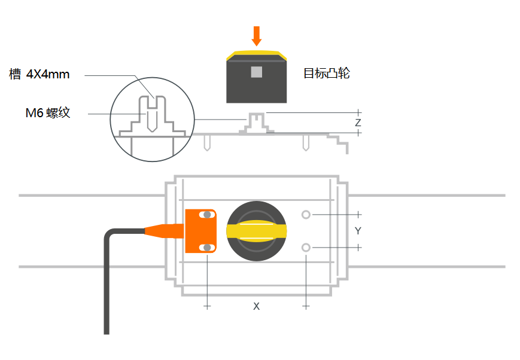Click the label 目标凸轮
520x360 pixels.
pyautogui.click(x=326, y=74)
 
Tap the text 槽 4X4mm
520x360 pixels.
pyautogui.click(x=39, y=75)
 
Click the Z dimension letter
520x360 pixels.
pyautogui.click(x=358, y=123)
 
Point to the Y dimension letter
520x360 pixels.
pyautogui.click(x=358, y=231)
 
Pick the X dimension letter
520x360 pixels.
pyautogui.click(x=257, y=306)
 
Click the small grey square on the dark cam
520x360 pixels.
pyautogui.click(x=257, y=72)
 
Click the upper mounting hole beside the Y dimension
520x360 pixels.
pyautogui.click(x=306, y=215)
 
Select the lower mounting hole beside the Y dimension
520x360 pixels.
pyautogui.click(x=306, y=248)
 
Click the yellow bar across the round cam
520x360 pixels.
pyautogui.click(x=257, y=231)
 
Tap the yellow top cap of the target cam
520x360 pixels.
pyautogui.click(x=257, y=54)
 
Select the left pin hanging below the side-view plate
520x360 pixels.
pyautogui.click(x=207, y=143)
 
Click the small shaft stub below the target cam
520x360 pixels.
pyautogui.click(x=257, y=118)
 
